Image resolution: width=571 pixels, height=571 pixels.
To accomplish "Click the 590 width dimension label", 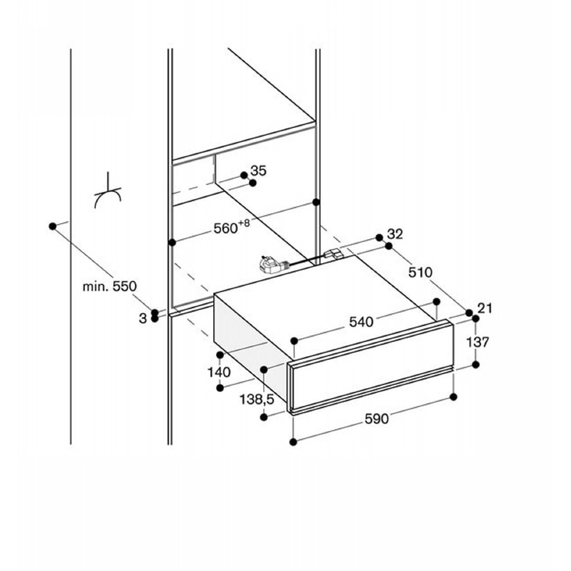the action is pos(376,419).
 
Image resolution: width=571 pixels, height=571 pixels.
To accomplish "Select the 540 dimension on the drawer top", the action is pos(361,322).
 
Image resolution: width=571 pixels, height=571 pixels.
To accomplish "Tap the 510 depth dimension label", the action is pos(420,272).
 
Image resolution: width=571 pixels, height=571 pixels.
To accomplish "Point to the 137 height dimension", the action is pos(478,342).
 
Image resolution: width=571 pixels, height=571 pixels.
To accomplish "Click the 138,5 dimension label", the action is pos(256,400).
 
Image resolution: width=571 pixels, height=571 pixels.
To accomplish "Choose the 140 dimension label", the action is pos(219,372).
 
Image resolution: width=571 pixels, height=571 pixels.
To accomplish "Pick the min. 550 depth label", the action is pos(110,286).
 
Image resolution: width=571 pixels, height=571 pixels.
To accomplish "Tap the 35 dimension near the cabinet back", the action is pos(258,170).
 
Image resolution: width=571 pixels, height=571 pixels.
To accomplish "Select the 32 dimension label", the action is pos(395,234).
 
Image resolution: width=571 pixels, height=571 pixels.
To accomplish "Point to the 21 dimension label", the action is pos(485,308).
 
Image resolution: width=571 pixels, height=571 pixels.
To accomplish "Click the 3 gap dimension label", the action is pos(143,318).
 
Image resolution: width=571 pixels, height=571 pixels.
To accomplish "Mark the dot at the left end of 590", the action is pos(293,442).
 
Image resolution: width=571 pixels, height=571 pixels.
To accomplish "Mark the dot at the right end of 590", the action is pos(453,397).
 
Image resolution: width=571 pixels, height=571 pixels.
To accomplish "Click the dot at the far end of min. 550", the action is pos(52,226).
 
